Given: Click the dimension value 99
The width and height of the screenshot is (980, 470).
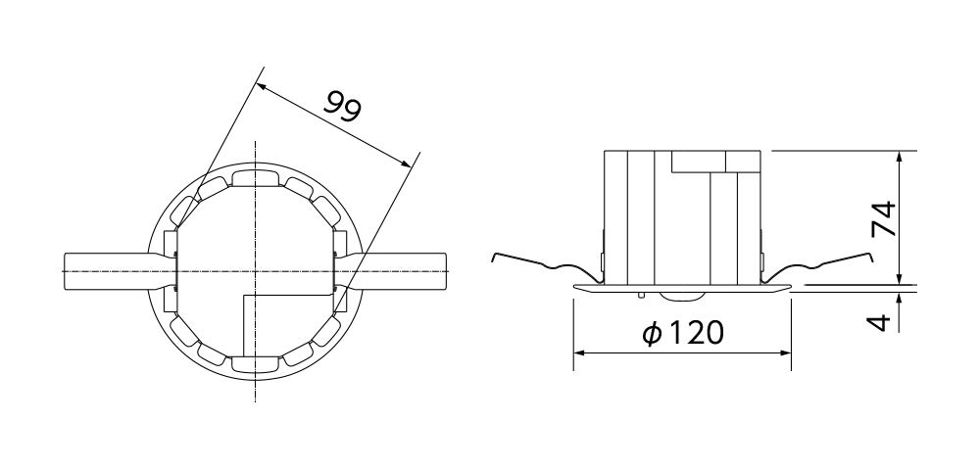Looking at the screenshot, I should (344, 106).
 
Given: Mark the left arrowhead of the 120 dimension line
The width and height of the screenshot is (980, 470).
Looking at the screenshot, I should (579, 352).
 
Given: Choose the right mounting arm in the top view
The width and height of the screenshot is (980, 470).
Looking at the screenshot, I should (402, 270).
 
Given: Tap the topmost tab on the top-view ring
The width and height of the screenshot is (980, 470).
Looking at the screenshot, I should (255, 176).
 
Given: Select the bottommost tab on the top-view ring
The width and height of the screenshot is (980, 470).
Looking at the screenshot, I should (255, 364).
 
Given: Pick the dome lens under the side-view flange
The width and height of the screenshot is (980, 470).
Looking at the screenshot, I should (683, 295).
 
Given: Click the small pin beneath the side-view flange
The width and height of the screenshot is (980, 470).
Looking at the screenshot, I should (641, 293).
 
